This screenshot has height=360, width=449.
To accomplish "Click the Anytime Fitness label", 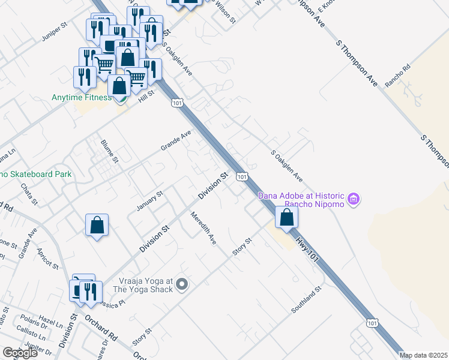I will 80,98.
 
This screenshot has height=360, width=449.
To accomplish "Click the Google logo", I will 20,353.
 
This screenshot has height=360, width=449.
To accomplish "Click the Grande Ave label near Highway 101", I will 176,140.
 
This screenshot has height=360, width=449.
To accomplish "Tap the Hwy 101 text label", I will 306,248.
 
